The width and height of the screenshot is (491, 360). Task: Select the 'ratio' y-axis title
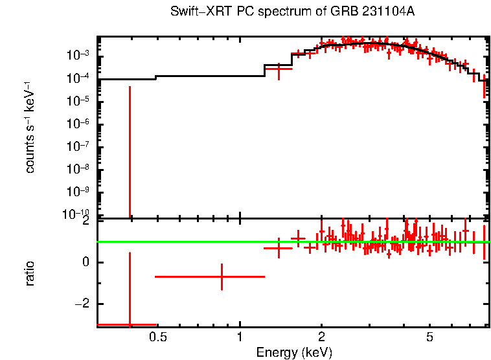click(30, 273)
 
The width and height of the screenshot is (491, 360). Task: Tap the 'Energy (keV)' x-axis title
click(294, 352)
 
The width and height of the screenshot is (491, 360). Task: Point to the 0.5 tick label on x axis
click(157, 337)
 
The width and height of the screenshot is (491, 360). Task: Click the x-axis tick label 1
click(240, 337)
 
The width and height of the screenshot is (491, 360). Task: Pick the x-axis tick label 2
click(321, 337)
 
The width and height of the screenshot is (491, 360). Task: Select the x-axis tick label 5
click(429, 337)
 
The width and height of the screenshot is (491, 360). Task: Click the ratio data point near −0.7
click(222, 276)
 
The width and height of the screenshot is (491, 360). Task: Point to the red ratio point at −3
click(130, 324)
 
